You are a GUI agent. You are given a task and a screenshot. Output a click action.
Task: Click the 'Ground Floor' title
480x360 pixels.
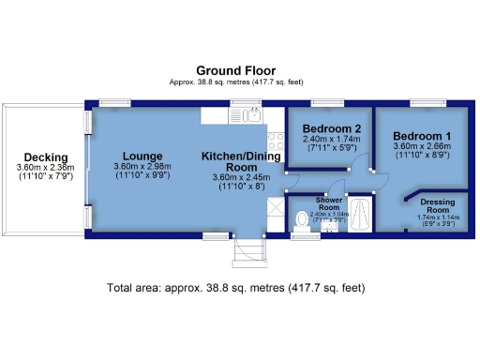pos(233,70)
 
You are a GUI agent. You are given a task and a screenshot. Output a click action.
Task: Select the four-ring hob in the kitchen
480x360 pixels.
pos(277,142)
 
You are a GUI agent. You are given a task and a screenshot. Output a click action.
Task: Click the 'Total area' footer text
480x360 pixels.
pos(235,288)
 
